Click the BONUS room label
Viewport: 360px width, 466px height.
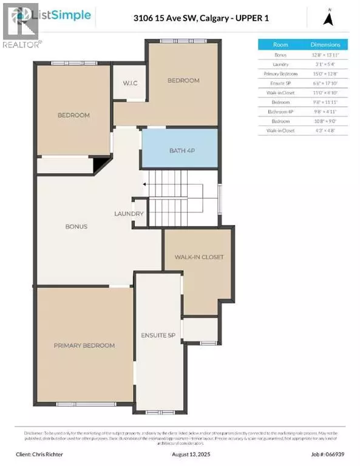(76, 226)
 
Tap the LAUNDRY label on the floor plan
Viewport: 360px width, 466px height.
(129, 214)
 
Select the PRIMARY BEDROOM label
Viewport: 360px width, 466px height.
(84, 345)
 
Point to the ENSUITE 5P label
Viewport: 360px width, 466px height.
(158, 334)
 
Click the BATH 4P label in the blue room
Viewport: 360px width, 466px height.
(179, 149)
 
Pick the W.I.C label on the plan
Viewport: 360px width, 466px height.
(127, 83)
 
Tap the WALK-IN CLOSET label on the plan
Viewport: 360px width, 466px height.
(199, 257)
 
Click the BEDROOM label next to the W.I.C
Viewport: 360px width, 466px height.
(183, 80)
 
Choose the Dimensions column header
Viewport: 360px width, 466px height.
(330, 44)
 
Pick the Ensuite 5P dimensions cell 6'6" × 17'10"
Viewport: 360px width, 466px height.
(330, 83)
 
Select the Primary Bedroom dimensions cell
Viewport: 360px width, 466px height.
(330, 73)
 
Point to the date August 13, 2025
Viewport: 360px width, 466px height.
(180, 453)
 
